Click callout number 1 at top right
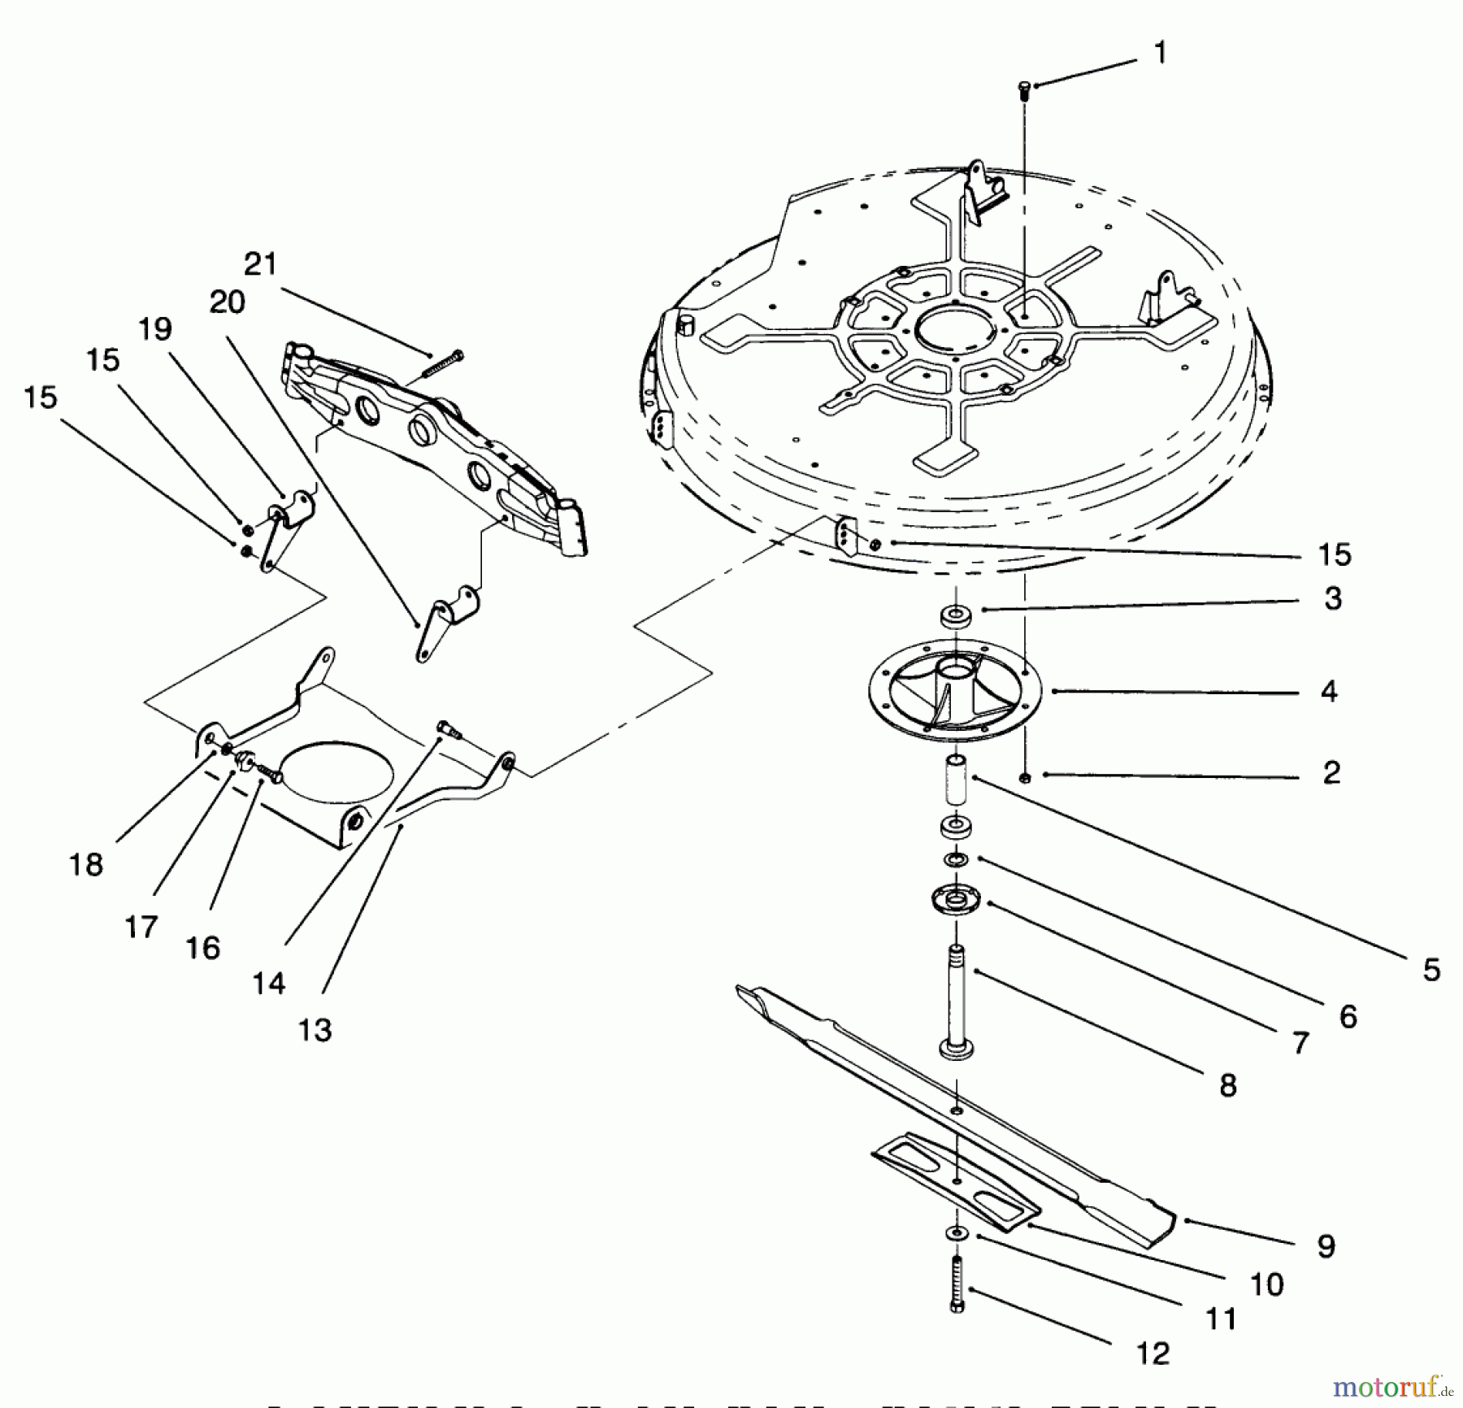1160,54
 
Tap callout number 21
260,264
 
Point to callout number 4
1328,692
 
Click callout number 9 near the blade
1326,1246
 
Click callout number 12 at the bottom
1152,1354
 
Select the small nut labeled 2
1025,778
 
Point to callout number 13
315,1030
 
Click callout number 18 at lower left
85,864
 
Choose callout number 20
227,302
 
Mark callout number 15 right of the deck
1334,554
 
